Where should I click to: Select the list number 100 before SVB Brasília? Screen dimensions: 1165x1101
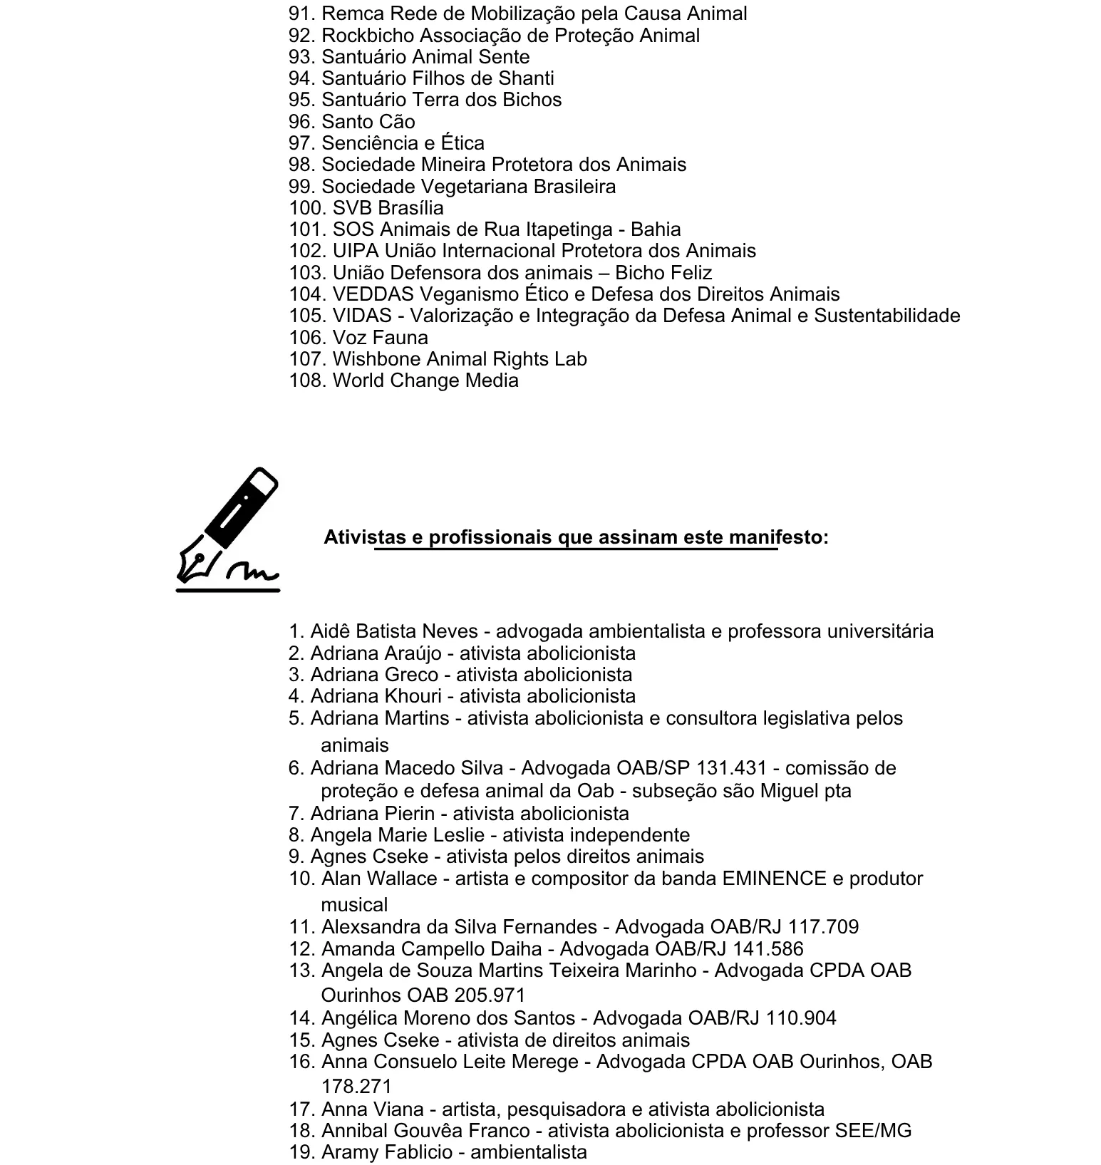pos(306,208)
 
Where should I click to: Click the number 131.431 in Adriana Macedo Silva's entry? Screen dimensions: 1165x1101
pos(731,768)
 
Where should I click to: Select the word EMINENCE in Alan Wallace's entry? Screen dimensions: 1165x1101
pos(775,879)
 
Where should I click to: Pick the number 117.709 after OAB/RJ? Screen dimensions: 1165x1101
pos(823,927)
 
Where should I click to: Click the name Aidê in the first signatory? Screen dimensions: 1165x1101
pos(330,631)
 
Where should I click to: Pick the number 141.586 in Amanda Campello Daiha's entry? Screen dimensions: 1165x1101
pos(767,949)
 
